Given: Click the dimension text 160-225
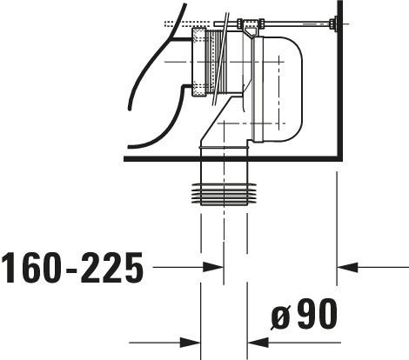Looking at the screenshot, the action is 72,267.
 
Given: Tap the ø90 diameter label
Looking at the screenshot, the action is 305,315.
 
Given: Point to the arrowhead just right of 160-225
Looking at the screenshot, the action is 212,267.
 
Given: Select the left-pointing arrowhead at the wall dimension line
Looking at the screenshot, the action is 347,267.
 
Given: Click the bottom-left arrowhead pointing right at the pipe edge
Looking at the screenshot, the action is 190,343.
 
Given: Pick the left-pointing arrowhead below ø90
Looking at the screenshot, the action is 258,343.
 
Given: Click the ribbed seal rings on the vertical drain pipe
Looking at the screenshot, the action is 224,194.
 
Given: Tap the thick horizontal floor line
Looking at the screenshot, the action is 231,158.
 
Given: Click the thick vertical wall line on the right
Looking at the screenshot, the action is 339,80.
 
